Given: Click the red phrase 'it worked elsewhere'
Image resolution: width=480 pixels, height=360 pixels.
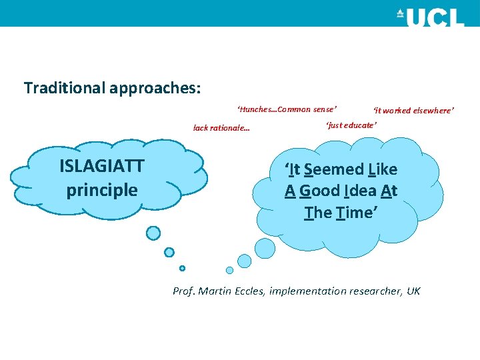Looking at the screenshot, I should (413, 111).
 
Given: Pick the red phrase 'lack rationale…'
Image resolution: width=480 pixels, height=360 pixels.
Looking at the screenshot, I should (221, 128).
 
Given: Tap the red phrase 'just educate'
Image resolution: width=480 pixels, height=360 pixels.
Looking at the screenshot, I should (351, 125).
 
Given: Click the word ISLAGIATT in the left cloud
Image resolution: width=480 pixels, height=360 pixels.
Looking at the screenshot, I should (102, 167).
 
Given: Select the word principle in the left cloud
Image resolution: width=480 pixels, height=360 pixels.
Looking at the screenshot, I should (102, 190).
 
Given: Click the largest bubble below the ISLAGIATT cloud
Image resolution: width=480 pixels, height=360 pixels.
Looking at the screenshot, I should (153, 233).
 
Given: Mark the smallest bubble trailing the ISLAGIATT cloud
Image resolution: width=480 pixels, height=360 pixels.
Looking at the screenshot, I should (182, 268).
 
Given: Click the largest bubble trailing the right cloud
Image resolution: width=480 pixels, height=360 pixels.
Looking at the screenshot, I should (265, 249).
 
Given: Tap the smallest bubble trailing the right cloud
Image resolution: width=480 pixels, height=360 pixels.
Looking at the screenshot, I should (229, 270).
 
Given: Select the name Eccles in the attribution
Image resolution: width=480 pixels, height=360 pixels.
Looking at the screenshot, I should (250, 291).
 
